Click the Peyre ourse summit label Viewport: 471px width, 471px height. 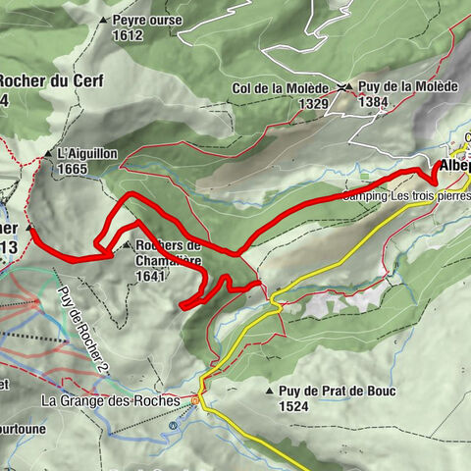147,20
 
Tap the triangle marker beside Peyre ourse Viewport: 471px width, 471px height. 103,20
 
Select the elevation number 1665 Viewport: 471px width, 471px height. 72,169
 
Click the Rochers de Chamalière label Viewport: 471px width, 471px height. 169,253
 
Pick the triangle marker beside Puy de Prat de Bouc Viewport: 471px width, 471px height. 270,392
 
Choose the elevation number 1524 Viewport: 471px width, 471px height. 294,405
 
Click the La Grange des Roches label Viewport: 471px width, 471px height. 110,400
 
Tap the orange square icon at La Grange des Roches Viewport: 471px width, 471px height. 195,400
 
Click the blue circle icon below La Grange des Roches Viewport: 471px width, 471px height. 173,425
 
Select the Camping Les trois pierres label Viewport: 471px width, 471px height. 404,195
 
